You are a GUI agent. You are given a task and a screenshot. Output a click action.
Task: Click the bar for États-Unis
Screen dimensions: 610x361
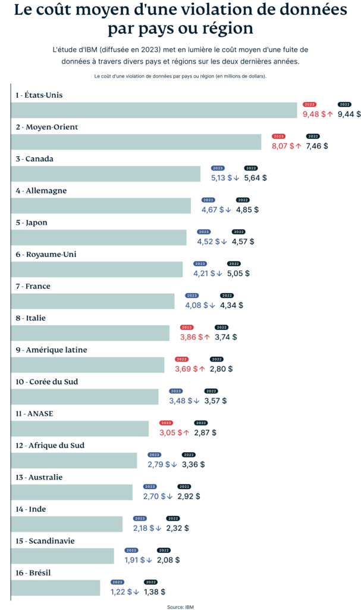[154, 110]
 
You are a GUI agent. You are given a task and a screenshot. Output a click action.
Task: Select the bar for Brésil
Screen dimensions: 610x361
[56, 588]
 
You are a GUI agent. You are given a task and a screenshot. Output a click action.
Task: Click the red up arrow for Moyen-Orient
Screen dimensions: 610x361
[299, 146]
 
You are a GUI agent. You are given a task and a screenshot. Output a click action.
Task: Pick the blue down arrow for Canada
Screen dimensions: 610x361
[236, 178]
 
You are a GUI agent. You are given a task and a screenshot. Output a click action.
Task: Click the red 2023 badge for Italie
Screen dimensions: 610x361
[187, 327]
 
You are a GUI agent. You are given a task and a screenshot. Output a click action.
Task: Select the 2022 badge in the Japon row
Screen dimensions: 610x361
[238, 232]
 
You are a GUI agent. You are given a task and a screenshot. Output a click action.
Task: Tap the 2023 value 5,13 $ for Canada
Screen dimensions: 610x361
[221, 178]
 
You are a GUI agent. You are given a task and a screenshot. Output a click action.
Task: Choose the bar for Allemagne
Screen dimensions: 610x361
[101, 206]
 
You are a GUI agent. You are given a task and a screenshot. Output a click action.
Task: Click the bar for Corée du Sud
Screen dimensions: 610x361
[85, 397]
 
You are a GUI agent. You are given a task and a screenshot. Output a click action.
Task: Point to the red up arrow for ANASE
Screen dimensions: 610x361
[186, 432]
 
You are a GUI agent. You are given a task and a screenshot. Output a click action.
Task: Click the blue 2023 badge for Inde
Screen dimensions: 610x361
[140, 518]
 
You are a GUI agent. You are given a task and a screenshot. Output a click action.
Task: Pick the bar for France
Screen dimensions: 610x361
[93, 301]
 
